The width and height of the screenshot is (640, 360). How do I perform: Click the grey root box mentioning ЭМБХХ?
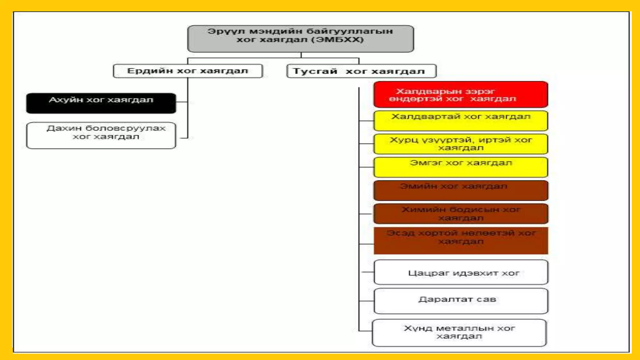[300, 39]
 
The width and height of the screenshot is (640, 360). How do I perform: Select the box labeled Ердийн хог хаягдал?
[187, 71]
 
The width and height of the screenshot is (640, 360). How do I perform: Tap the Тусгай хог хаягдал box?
[361, 71]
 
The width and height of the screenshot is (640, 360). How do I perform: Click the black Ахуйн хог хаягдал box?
[101, 103]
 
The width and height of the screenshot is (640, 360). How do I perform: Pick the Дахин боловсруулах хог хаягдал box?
[101, 135]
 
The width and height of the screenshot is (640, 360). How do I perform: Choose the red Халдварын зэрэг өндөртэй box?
[460, 94]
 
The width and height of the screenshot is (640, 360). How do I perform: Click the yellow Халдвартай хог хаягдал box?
[460, 121]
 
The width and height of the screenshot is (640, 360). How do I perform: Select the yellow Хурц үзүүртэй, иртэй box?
[460, 144]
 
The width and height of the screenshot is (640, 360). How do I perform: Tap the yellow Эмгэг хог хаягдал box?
[460, 167]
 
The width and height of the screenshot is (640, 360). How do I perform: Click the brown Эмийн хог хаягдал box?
[460, 190]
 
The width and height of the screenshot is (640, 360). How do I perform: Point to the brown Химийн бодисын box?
[460, 214]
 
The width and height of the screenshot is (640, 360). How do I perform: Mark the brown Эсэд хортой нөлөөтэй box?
[460, 240]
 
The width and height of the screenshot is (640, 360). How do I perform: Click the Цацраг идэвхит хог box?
[460, 272]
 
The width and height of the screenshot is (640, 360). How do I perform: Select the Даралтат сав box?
[460, 301]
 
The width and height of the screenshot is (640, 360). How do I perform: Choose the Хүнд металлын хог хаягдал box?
[459, 332]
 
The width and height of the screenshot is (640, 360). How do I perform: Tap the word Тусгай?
[315, 71]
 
